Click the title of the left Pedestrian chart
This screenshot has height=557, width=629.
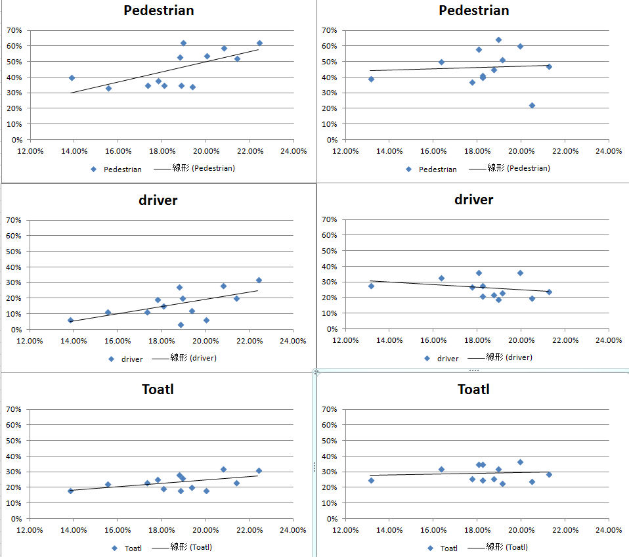tap(159, 11)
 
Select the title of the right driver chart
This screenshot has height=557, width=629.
tap(473, 200)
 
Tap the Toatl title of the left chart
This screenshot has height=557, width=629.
tap(158, 389)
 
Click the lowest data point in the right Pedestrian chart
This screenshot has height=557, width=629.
tap(532, 105)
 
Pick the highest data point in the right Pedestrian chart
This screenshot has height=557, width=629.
tap(498, 40)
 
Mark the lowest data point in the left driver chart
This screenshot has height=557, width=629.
tap(181, 324)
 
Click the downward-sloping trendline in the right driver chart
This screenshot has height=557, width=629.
tap(460, 286)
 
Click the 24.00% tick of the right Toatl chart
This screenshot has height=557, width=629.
tap(608, 529)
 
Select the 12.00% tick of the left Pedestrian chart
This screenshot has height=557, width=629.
tap(30, 151)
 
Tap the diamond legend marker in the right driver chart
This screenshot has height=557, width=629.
tap(427, 359)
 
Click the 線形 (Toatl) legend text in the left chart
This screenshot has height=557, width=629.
tap(191, 547)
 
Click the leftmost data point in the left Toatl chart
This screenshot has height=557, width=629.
tap(71, 490)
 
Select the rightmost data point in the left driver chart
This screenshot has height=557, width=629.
tap(259, 280)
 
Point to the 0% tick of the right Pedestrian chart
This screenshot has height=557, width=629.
tap(333, 140)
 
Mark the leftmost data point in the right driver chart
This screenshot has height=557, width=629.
tap(371, 286)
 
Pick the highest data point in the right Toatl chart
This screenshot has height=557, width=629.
tap(520, 462)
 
